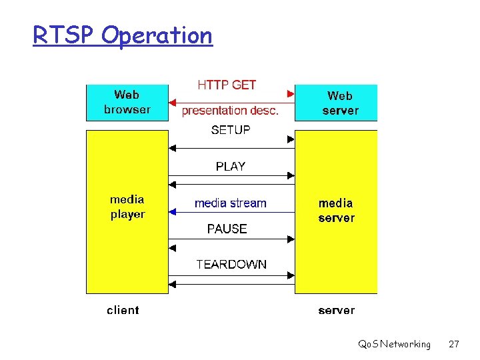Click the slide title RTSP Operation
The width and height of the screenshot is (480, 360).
(x=123, y=35)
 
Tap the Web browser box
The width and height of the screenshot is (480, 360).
(x=127, y=102)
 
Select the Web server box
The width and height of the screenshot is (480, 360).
(x=336, y=103)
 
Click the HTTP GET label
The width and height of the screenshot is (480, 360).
(x=227, y=85)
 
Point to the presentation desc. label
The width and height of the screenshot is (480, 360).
(x=230, y=111)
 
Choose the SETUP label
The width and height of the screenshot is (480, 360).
(x=231, y=130)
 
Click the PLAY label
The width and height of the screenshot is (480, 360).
(x=231, y=166)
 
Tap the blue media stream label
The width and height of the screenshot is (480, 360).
(x=230, y=203)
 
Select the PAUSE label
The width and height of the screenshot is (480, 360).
(x=227, y=229)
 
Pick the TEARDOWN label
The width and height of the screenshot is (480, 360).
(x=231, y=264)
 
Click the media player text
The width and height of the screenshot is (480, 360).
(x=127, y=207)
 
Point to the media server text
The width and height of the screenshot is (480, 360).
(x=336, y=210)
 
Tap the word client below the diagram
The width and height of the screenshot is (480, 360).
(x=123, y=310)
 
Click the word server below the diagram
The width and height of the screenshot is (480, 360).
(x=337, y=310)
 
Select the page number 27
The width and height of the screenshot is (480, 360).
(x=454, y=344)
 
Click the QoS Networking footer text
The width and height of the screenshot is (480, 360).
(x=394, y=344)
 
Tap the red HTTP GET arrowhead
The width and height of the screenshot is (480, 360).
(x=291, y=93)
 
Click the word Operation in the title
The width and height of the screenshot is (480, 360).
(x=157, y=35)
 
